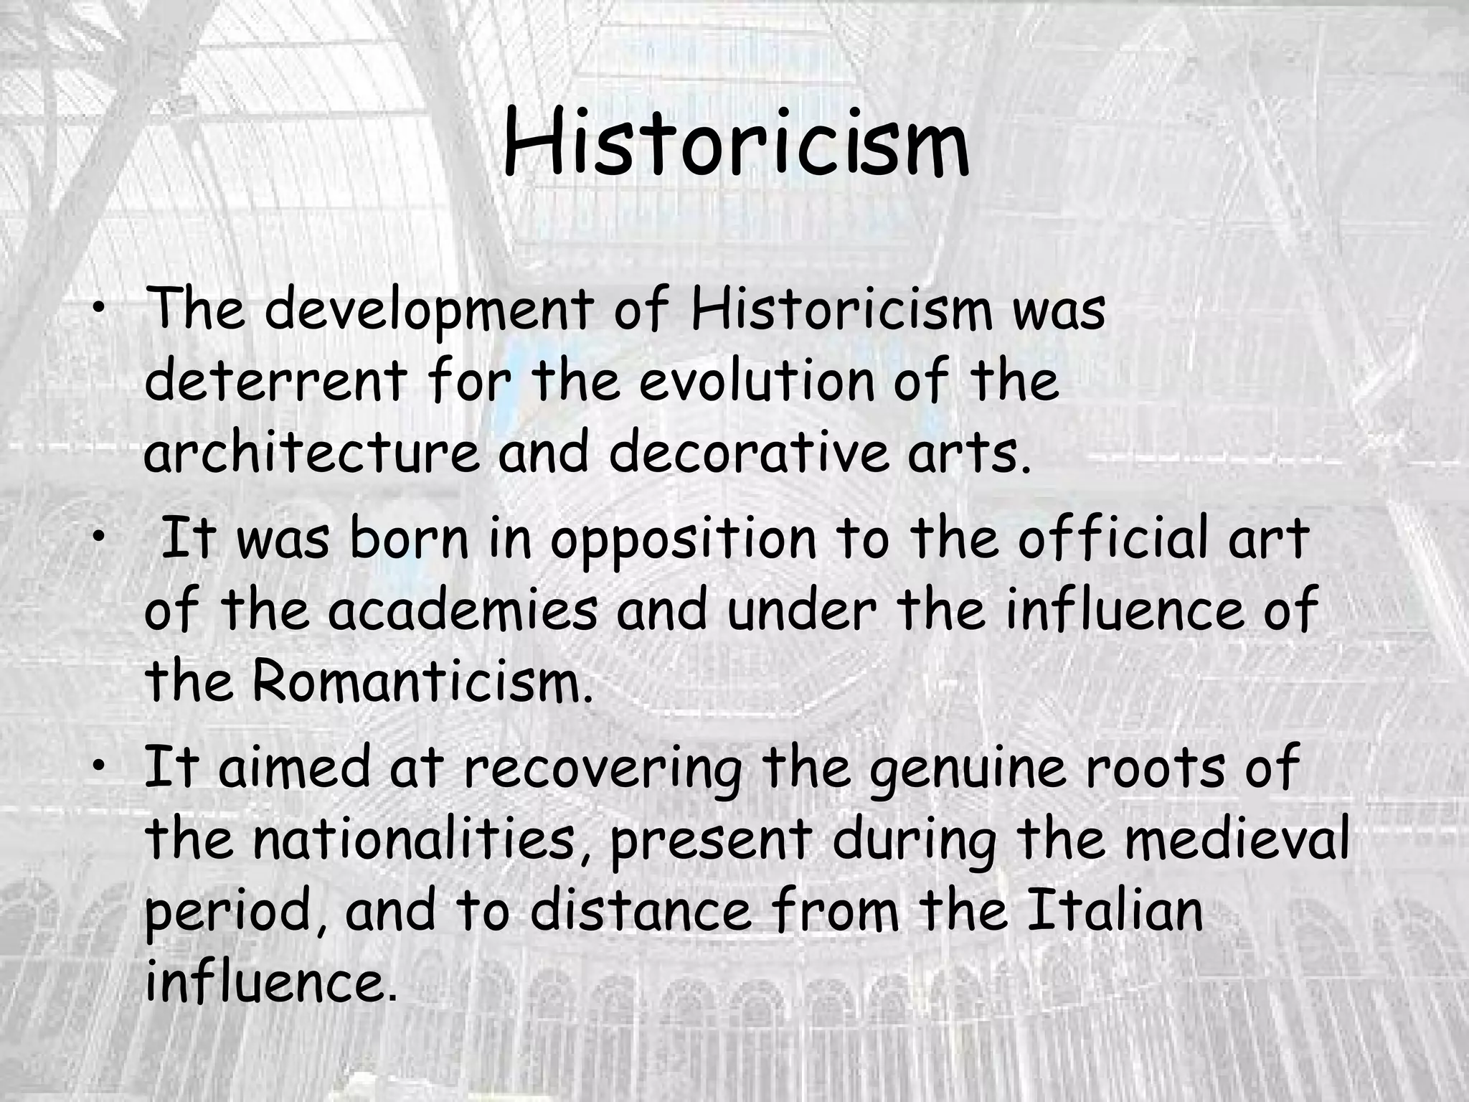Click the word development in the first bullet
point(433,311)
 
